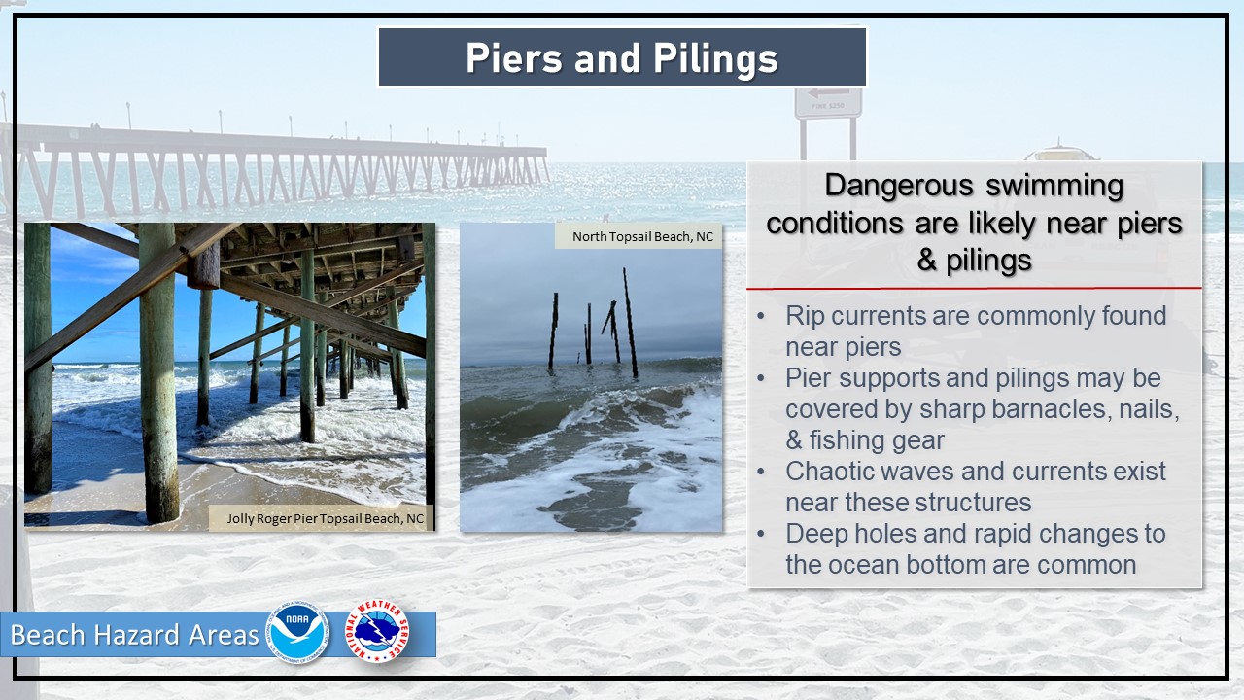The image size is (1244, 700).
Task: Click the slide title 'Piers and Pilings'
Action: (x=621, y=57)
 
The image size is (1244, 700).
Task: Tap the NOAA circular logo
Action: (x=297, y=633)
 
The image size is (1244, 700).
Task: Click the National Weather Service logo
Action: (x=377, y=631)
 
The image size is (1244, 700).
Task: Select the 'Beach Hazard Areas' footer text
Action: (x=134, y=635)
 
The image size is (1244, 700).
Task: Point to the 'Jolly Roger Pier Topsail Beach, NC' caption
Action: (x=325, y=518)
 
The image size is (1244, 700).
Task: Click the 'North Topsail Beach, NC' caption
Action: (x=642, y=236)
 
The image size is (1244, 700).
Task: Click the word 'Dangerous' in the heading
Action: (x=899, y=186)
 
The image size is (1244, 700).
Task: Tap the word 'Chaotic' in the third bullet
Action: (x=826, y=472)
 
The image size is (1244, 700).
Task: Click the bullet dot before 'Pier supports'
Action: (x=761, y=379)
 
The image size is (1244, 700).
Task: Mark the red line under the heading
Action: (x=974, y=289)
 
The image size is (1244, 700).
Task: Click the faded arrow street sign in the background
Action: (x=828, y=103)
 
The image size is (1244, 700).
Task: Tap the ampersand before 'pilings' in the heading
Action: (x=926, y=260)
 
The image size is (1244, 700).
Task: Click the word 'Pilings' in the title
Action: (x=715, y=59)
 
